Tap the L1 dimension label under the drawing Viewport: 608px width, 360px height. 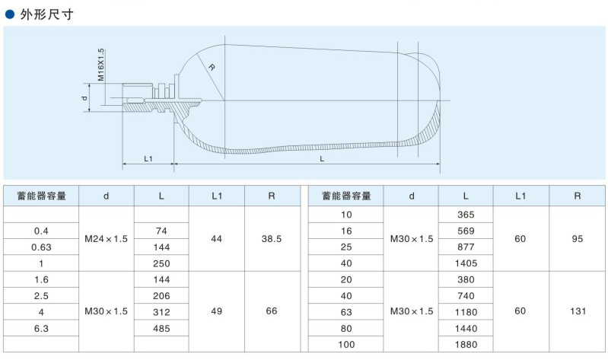[x=149, y=158]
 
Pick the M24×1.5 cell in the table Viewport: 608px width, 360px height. [x=107, y=239]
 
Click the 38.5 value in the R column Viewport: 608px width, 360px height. [x=272, y=239]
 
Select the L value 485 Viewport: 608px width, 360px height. [x=161, y=328]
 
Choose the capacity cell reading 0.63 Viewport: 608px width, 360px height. [x=43, y=247]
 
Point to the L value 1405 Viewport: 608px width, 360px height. [x=466, y=263]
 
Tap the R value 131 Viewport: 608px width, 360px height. [x=578, y=311]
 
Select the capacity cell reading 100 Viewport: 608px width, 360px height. [x=346, y=344]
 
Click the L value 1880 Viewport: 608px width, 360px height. [x=466, y=344]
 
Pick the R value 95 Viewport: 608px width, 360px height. [x=578, y=239]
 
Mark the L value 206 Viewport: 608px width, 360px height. [x=161, y=295]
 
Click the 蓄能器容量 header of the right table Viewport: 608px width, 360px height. [x=346, y=196]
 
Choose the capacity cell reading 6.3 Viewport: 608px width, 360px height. [x=43, y=328]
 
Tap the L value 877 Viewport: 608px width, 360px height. [x=466, y=247]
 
